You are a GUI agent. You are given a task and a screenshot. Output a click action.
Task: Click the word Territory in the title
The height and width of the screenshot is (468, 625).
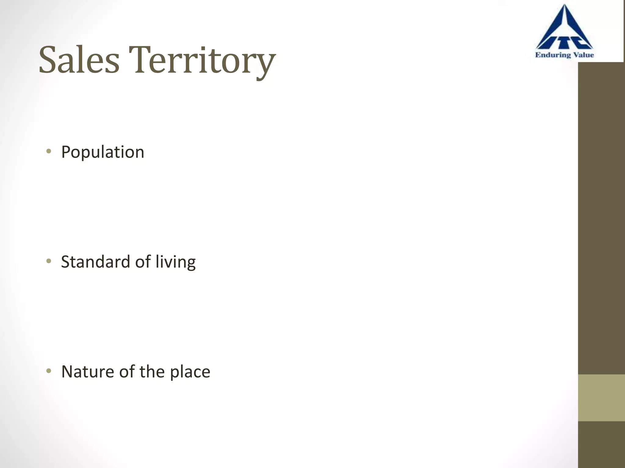(x=202, y=61)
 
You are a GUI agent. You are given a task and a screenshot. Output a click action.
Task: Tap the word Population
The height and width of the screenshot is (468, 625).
(x=103, y=152)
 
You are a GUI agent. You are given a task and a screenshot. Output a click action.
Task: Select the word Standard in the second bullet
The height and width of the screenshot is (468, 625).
(x=96, y=262)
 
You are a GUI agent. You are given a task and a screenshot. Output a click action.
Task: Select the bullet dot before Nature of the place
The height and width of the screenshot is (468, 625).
(x=49, y=371)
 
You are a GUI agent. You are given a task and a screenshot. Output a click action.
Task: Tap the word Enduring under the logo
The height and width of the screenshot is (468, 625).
(x=553, y=55)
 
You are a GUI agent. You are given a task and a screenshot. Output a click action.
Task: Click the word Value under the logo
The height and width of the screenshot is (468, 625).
(x=583, y=55)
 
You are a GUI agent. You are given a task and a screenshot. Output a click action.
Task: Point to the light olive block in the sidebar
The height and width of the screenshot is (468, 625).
(x=601, y=398)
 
